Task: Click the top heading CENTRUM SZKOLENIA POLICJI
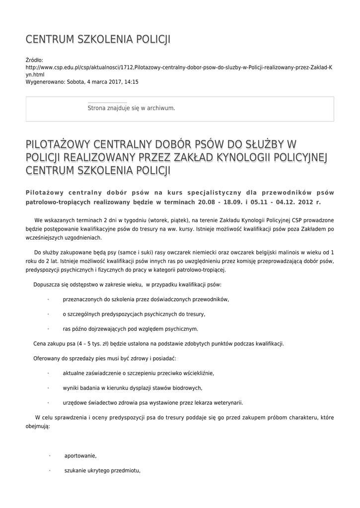click(98, 39)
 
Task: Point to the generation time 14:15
click(131, 81)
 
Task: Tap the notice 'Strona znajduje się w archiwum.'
click(131, 108)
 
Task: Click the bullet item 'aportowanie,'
click(80, 456)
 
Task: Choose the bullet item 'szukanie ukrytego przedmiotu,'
click(103, 471)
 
